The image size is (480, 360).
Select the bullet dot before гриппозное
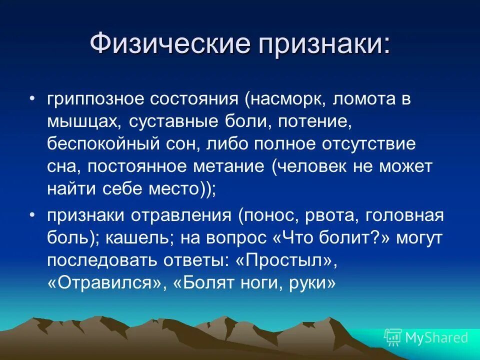[32, 98]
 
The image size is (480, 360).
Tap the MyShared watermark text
[436, 337]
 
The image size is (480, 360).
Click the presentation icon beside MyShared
[392, 337]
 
